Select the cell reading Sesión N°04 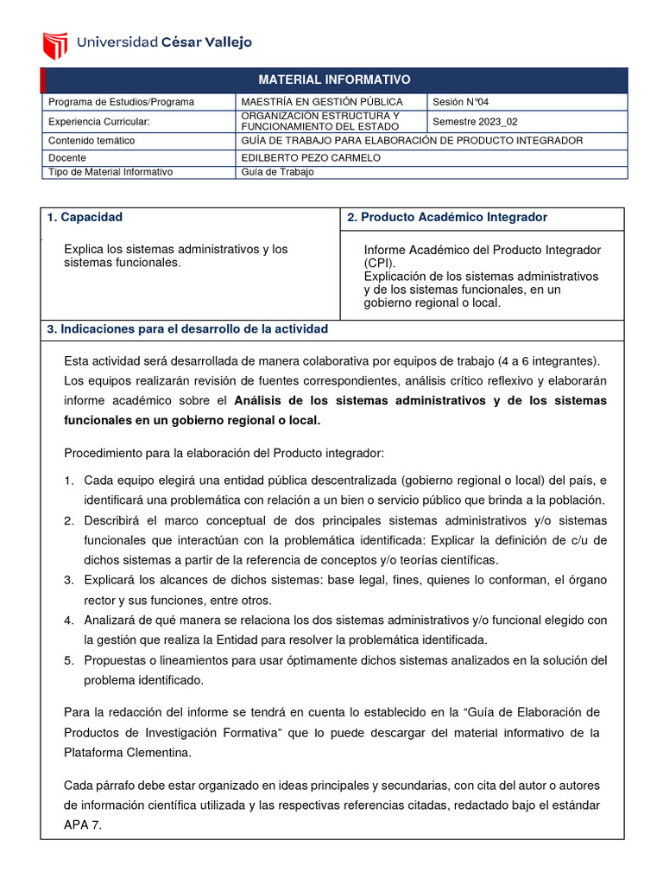(x=465, y=102)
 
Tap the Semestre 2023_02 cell (x=476, y=121)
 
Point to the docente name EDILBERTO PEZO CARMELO (x=310, y=157)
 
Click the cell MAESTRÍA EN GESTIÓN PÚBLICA (x=321, y=102)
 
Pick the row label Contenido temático (x=92, y=140)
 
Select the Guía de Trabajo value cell (x=277, y=172)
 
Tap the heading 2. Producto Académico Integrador (x=447, y=218)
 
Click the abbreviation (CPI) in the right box (x=380, y=263)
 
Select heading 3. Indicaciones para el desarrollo (x=187, y=330)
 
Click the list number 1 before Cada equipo (x=68, y=481)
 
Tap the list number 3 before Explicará (x=68, y=580)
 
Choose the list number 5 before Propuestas (x=68, y=660)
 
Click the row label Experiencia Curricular (x=98, y=121)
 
